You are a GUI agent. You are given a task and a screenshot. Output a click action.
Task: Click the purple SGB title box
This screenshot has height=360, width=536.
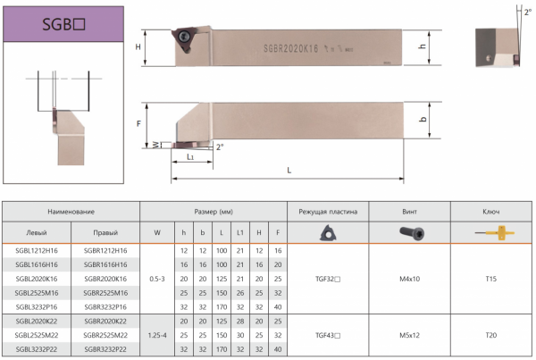pyautogui.click(x=63, y=24)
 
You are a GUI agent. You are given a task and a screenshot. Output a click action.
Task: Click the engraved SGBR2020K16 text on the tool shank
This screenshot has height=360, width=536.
pyautogui.click(x=290, y=49)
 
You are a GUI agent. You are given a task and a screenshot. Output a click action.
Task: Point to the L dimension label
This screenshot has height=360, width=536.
pyautogui.click(x=289, y=171)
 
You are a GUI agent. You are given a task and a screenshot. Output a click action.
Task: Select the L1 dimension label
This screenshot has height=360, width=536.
pyautogui.click(x=190, y=157)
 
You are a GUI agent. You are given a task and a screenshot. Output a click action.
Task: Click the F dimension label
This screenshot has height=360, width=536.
pyautogui.click(x=138, y=124)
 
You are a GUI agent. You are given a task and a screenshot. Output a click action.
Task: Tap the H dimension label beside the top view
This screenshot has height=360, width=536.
pyautogui.click(x=138, y=46)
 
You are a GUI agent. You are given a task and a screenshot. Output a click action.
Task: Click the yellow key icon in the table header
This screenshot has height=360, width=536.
pyautogui.click(x=495, y=233)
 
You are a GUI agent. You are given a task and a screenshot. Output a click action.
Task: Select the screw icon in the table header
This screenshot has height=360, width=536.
pyautogui.click(x=412, y=233)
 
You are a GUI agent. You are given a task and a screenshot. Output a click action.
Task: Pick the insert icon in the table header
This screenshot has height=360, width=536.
pyautogui.click(x=328, y=233)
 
